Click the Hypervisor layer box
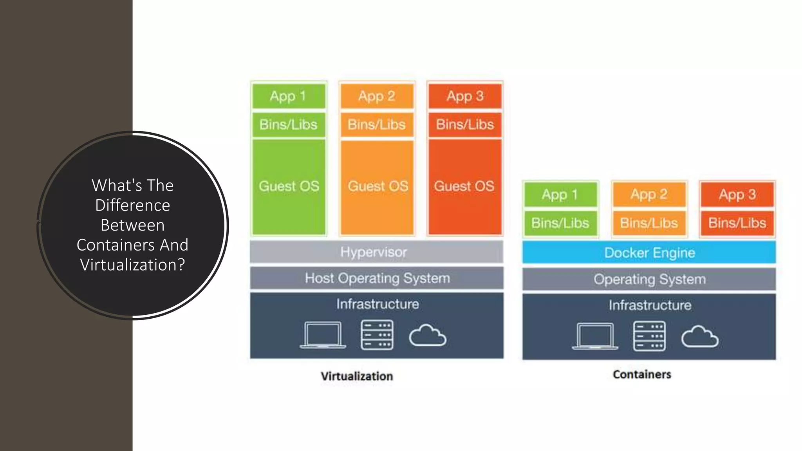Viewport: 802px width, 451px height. pos(376,252)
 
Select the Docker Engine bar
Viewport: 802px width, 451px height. pos(649,253)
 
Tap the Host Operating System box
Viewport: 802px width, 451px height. pos(376,278)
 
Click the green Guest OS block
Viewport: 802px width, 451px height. pos(289,186)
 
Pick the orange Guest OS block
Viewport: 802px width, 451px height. pos(377,186)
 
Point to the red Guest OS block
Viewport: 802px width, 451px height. pos(465,186)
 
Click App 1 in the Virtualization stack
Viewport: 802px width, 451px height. pos(289,96)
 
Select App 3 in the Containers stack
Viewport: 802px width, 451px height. pos(737,195)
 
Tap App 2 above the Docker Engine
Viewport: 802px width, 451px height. pos(649,195)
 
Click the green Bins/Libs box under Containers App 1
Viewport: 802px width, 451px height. pos(560,223)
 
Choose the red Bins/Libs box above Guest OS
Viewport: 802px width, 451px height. pos(465,124)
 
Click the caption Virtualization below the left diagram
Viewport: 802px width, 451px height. pos(357,376)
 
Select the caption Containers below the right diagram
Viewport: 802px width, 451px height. pos(642,375)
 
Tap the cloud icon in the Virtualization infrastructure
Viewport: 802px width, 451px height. pos(427,336)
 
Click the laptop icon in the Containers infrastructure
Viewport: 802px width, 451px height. pos(594,336)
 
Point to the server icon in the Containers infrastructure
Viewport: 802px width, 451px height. pos(649,336)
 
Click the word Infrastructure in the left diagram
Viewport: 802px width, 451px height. pos(378,304)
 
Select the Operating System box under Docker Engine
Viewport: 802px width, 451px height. pos(649,280)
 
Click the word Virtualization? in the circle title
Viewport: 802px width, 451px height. pos(132,265)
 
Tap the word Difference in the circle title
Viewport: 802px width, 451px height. pos(132,206)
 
